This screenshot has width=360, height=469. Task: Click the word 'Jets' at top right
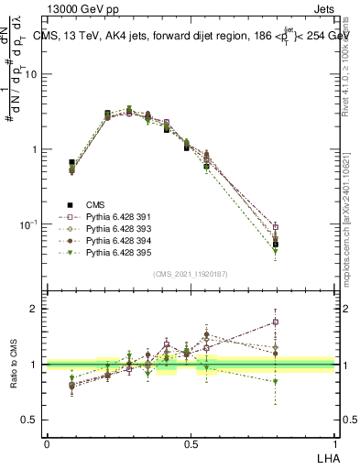(x=321, y=10)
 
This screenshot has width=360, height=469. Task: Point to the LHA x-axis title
(x=326, y=456)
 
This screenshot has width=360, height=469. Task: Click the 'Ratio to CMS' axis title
(x=14, y=364)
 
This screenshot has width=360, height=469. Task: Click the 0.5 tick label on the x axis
(x=191, y=443)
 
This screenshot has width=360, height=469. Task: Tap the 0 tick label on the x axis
(x=47, y=443)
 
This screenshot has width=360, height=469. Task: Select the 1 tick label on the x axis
(x=334, y=443)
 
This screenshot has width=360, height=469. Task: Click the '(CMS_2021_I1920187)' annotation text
(x=191, y=274)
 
